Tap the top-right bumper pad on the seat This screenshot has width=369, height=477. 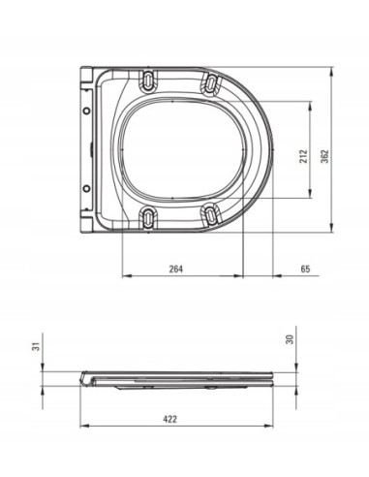point(210,86)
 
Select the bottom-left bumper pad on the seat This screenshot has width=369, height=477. point(148,216)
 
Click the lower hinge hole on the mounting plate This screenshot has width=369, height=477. point(86,187)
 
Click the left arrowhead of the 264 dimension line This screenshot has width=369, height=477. point(124,274)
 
